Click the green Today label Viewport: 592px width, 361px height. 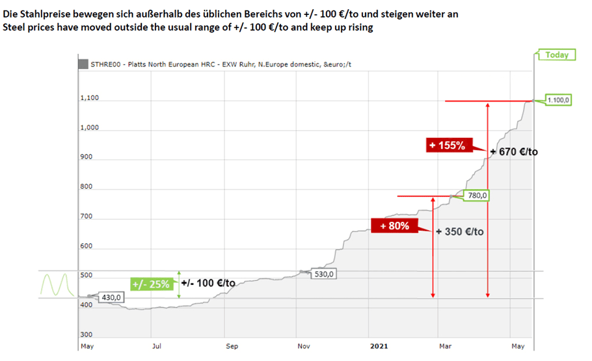click(556, 55)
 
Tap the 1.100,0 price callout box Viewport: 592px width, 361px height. click(559, 100)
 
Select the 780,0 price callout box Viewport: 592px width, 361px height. click(478, 195)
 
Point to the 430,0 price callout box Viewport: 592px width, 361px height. click(111, 297)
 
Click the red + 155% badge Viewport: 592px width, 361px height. click(447, 146)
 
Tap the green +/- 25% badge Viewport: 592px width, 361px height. click(150, 284)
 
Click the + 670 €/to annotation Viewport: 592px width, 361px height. click(514, 152)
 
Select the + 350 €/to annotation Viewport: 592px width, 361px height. click(459, 231)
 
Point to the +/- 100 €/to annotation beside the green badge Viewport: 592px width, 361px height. click(208, 283)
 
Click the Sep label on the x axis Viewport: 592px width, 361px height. click(232, 346)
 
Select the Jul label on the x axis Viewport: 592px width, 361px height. click(156, 346)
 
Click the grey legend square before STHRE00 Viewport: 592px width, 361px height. click(83, 64)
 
